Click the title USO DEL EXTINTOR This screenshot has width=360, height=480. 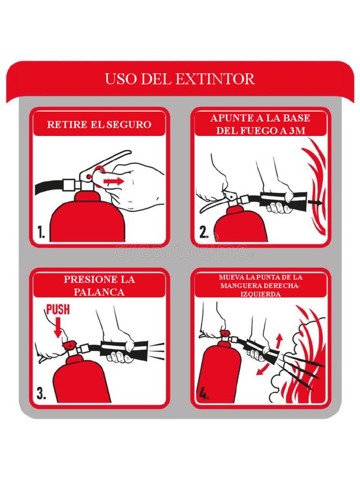point(180,79)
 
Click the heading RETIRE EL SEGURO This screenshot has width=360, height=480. point(99,125)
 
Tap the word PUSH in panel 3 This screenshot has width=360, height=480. point(58,309)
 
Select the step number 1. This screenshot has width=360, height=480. point(41,232)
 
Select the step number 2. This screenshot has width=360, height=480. point(203,232)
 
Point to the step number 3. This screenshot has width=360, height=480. point(41,393)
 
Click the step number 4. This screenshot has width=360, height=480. point(203,394)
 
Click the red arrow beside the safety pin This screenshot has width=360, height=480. point(114,180)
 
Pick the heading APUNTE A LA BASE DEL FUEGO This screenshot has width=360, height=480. point(260,125)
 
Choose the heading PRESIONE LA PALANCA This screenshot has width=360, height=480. point(99,285)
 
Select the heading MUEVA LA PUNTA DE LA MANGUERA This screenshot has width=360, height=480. point(260,285)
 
